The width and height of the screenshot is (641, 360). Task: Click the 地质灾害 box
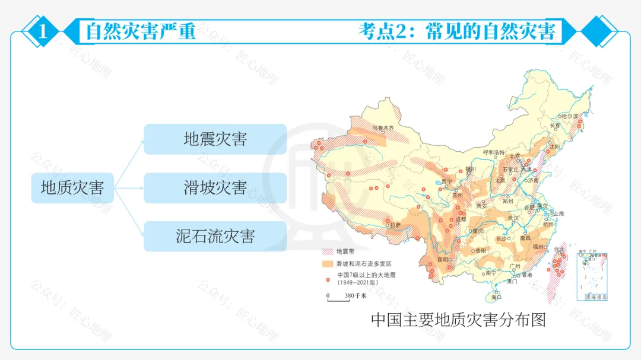(x=72, y=188)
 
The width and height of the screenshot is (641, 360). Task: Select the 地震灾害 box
(x=215, y=139)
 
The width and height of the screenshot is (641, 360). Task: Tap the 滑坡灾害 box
(x=215, y=188)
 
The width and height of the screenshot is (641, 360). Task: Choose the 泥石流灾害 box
(x=215, y=236)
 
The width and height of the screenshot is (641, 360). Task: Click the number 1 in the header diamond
(x=43, y=31)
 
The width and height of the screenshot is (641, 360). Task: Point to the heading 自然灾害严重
(x=141, y=31)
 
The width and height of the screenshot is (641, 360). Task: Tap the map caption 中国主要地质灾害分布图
(x=458, y=320)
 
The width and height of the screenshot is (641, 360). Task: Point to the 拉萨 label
(x=395, y=225)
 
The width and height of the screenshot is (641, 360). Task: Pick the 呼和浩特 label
(x=494, y=152)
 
